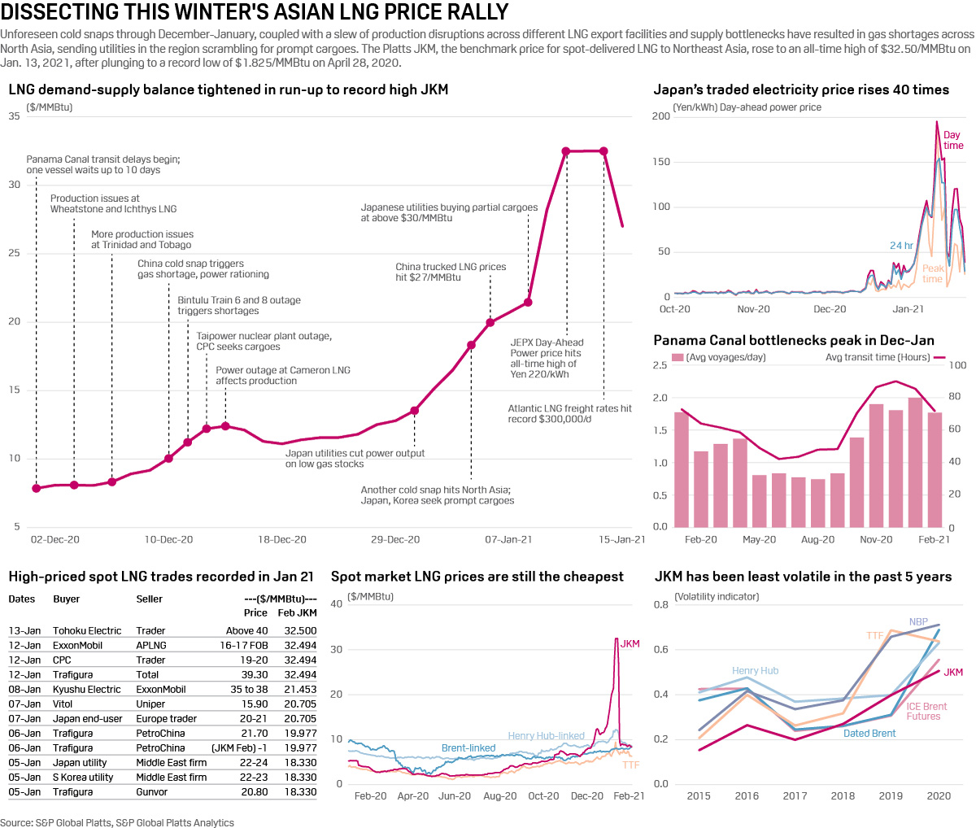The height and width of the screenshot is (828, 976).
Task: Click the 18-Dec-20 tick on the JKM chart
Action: (282, 539)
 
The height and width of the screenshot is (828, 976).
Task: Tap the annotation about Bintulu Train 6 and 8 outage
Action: (239, 306)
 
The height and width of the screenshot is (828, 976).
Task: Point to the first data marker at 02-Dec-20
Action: (36, 488)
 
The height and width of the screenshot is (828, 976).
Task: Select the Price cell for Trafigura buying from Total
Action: (255, 674)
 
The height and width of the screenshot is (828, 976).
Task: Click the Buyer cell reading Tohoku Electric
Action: (87, 630)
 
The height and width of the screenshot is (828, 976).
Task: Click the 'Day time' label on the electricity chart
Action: (952, 140)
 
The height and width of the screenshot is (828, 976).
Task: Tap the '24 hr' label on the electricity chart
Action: (901, 245)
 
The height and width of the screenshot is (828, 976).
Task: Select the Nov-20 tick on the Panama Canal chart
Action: (876, 539)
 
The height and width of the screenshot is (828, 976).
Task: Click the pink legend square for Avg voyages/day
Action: (678, 357)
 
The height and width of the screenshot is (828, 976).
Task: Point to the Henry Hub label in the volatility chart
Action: (755, 670)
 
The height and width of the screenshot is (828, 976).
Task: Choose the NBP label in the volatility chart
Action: (918, 621)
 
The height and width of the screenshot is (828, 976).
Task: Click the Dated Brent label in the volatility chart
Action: (869, 733)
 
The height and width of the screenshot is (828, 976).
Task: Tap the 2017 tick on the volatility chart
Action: (795, 795)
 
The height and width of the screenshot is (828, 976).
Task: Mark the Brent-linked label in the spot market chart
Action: (468, 747)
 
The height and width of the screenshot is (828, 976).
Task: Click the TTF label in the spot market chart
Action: (630, 765)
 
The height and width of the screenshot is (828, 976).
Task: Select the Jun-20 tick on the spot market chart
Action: (455, 795)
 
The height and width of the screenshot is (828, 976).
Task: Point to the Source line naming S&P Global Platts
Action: (117, 822)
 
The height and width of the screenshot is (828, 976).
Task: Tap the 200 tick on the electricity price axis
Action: (661, 116)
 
